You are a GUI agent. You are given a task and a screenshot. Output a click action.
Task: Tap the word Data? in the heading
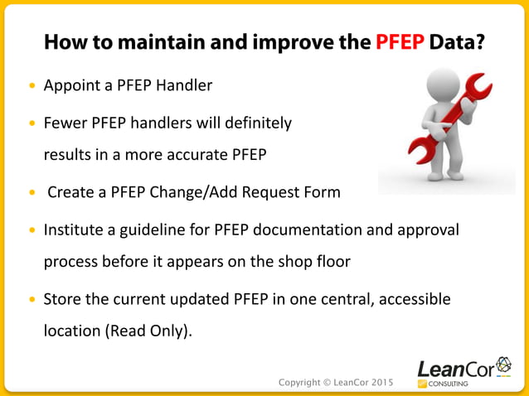(x=459, y=41)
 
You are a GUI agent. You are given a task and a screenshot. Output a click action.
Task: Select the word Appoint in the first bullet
(x=70, y=85)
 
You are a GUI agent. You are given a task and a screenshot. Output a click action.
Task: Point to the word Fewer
(x=66, y=123)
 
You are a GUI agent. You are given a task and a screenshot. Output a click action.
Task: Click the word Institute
(x=75, y=229)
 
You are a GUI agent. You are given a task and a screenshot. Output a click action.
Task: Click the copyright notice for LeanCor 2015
(x=335, y=382)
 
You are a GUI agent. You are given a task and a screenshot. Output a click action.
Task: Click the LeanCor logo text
(x=454, y=367)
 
